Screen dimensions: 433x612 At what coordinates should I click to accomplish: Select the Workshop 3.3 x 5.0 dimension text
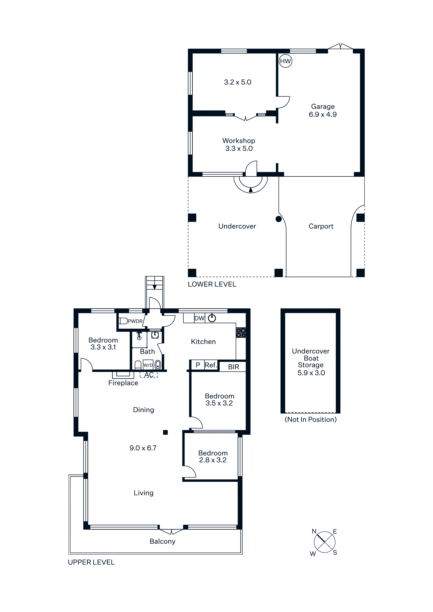(x=239, y=148)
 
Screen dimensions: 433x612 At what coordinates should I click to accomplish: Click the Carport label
(x=321, y=226)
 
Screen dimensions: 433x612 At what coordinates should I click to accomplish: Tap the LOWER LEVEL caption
(x=212, y=284)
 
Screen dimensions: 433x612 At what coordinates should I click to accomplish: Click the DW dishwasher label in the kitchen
(x=199, y=318)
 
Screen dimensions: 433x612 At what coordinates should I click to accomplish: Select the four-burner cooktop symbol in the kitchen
(x=241, y=333)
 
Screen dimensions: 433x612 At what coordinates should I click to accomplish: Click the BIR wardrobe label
(x=234, y=367)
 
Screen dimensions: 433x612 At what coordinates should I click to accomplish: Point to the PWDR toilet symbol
(x=123, y=321)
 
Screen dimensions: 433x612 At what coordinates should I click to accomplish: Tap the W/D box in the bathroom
(x=148, y=365)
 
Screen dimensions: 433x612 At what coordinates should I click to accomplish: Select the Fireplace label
(x=123, y=383)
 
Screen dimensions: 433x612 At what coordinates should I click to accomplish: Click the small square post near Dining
(x=165, y=432)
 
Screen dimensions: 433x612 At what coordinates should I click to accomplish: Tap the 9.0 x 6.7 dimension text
(x=143, y=448)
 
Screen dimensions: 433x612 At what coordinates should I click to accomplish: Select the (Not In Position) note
(x=311, y=420)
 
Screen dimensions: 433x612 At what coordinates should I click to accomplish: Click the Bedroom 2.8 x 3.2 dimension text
(x=213, y=460)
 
